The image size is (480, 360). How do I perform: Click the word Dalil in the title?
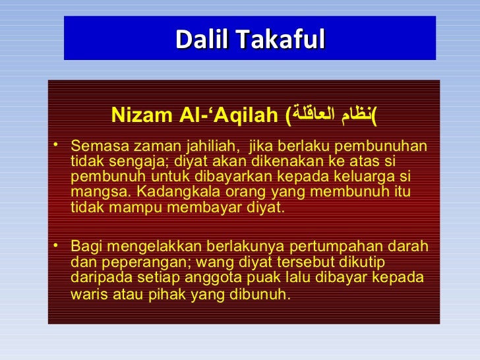coord(199,39)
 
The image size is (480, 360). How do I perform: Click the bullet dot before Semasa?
coord(59,144)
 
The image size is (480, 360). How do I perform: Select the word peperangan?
coord(127,262)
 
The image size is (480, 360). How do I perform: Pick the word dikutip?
coord(361,262)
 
